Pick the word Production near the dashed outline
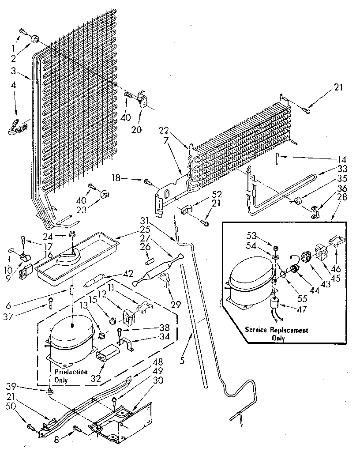(71, 372)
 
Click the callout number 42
(128, 273)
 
